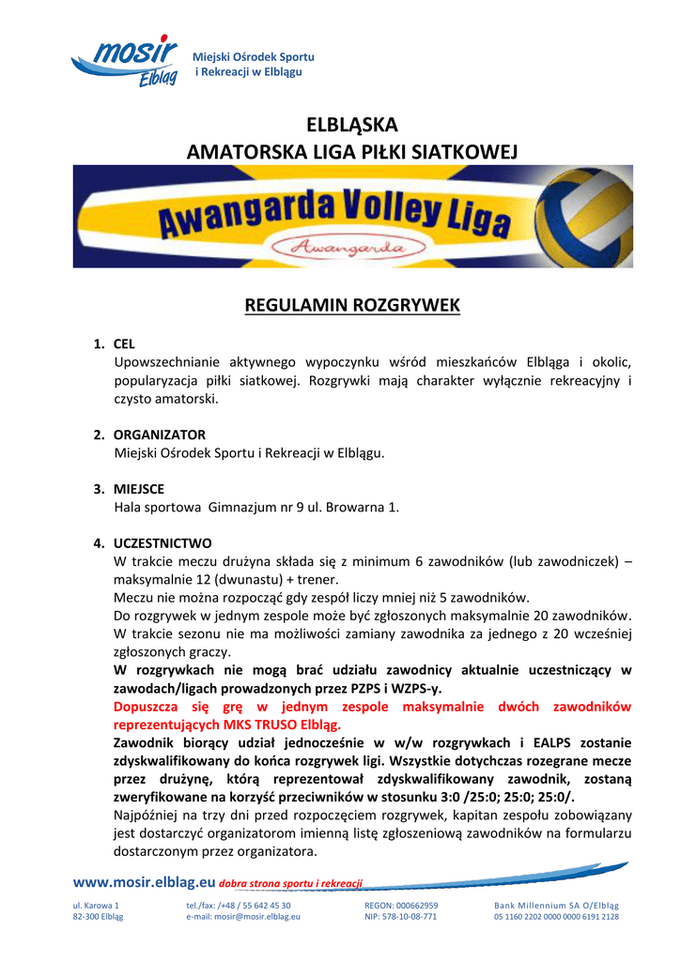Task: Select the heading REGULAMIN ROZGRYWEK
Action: click(352, 305)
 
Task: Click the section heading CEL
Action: click(125, 344)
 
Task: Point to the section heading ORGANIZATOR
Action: click(160, 435)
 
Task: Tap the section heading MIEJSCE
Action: click(139, 489)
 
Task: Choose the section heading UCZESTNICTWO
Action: click(163, 543)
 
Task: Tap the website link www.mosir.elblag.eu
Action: click(144, 882)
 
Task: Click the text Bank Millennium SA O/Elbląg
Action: click(556, 906)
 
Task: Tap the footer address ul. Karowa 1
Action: click(96, 906)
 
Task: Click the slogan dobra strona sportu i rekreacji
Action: click(290, 884)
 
